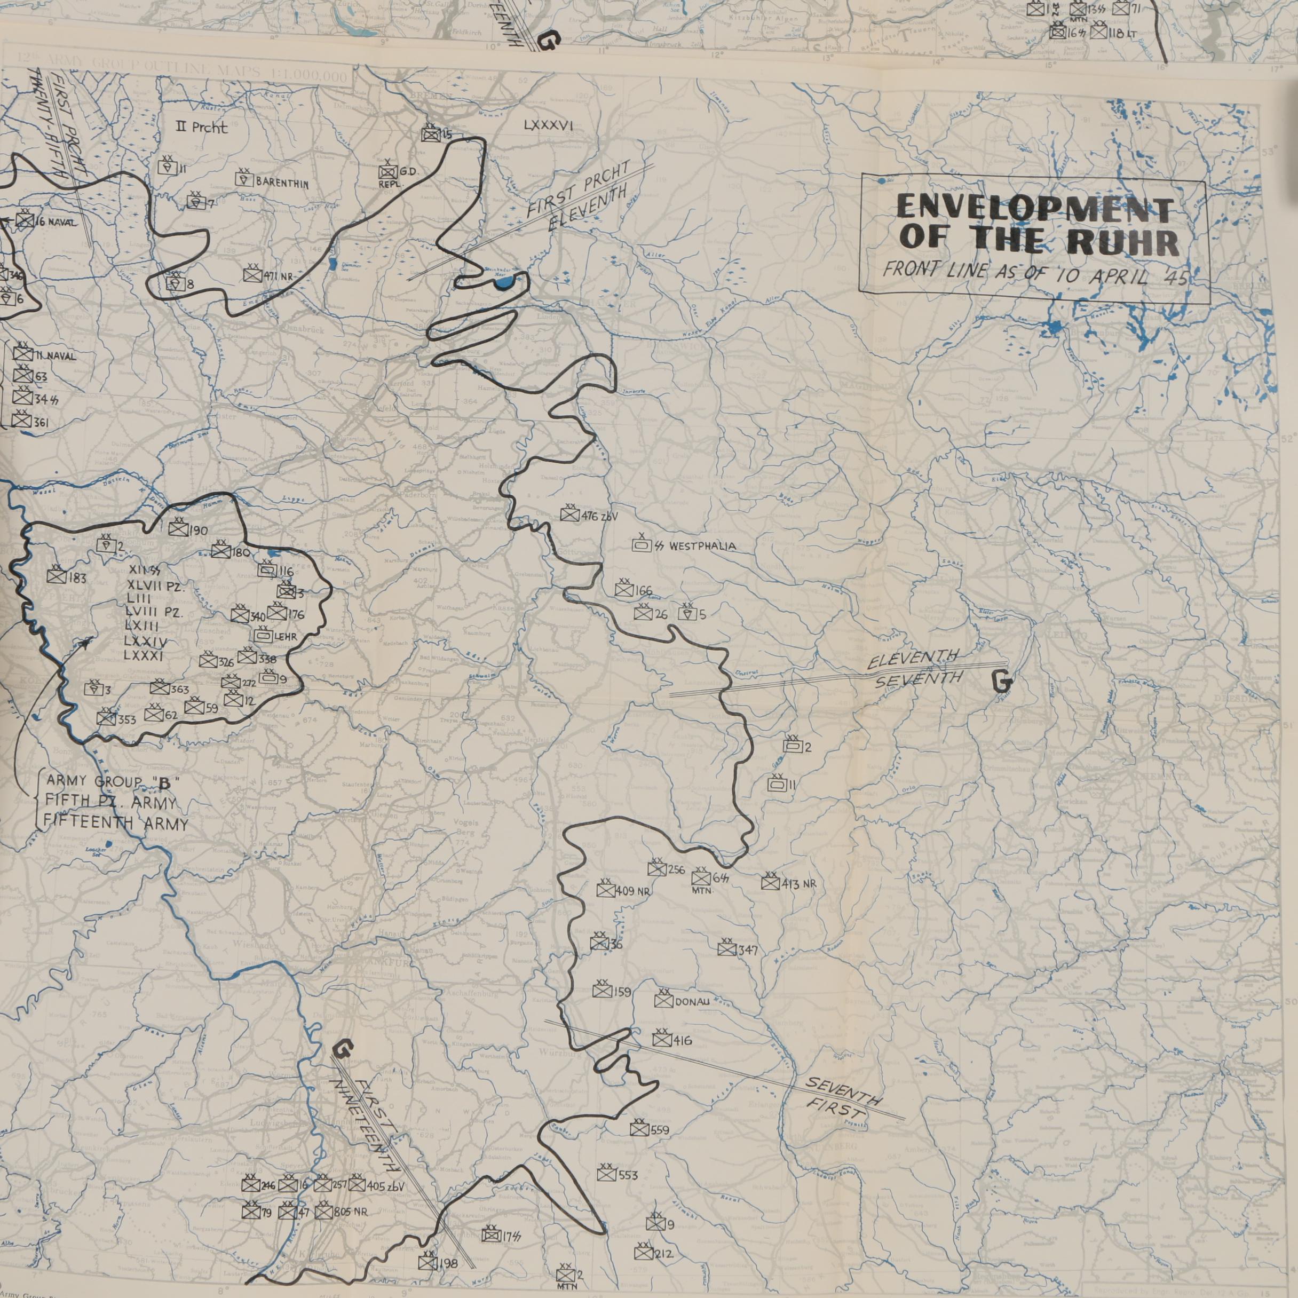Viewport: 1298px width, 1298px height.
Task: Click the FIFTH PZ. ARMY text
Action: (x=109, y=802)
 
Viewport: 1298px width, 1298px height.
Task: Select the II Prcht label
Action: (x=202, y=128)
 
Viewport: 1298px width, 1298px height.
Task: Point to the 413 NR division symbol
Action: (x=770, y=883)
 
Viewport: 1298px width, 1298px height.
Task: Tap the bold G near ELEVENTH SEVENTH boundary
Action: (x=1001, y=683)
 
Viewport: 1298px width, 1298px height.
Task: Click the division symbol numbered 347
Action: (x=726, y=950)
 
